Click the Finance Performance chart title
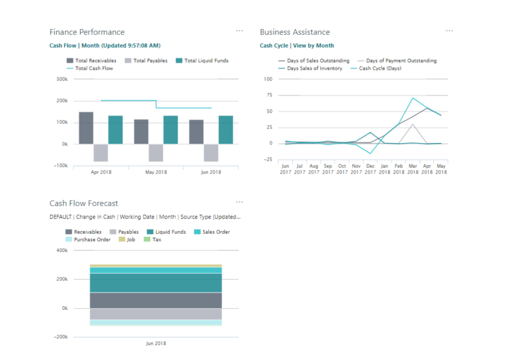point(87,32)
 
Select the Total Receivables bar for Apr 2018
point(86,128)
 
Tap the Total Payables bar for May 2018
point(156,153)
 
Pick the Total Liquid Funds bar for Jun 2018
point(226,130)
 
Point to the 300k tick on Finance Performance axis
point(62,79)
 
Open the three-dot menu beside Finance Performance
point(240,31)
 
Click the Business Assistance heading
point(295,32)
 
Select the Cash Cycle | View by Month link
point(297,45)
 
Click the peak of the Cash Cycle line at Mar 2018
point(413,98)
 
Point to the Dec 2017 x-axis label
point(370,169)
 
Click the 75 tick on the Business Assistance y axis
point(268,95)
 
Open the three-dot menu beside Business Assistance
point(449,31)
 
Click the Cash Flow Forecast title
point(84,203)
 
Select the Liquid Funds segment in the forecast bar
point(156,283)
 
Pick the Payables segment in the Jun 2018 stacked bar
point(156,314)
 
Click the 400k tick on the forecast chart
point(62,251)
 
